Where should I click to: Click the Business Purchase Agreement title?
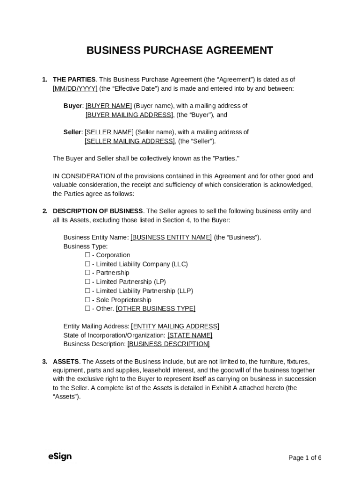click(x=180, y=51)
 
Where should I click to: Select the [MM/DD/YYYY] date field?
click(x=75, y=88)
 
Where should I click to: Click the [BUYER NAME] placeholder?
click(x=108, y=106)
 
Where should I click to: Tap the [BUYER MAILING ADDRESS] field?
click(x=129, y=115)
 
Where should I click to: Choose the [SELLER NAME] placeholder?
click(x=109, y=132)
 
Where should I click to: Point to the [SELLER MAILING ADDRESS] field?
click(x=130, y=141)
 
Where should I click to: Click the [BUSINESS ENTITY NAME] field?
click(x=171, y=237)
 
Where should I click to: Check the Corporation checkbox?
click(x=87, y=255)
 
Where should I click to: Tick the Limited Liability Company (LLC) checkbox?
click(x=87, y=264)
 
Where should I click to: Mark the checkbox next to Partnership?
click(x=87, y=273)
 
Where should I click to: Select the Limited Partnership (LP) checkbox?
click(x=87, y=282)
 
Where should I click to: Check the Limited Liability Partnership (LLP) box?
click(x=87, y=290)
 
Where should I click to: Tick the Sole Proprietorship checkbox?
click(x=87, y=299)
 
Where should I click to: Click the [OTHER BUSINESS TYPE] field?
click(x=156, y=308)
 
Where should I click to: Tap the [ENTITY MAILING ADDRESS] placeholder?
click(x=175, y=326)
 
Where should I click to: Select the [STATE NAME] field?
click(x=190, y=335)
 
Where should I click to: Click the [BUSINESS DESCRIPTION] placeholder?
click(x=168, y=344)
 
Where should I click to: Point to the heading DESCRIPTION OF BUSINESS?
click(x=98, y=211)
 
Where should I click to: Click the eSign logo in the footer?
click(x=60, y=457)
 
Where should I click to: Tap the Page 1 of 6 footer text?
click(x=305, y=457)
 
